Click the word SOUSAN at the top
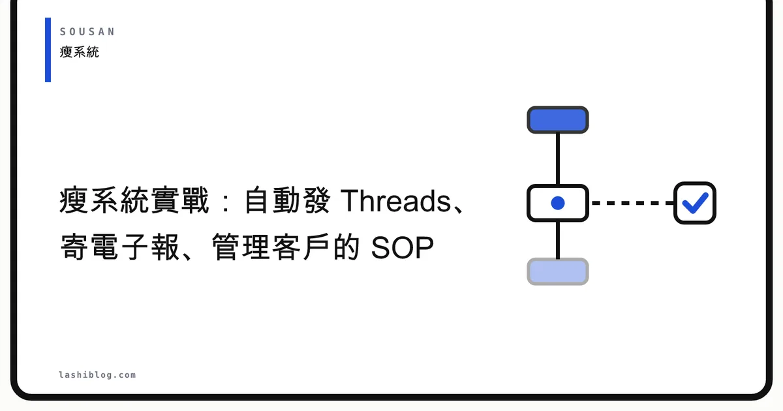[87, 32]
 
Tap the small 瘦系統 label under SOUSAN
[80, 52]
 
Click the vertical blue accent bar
[48, 50]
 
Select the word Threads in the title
[395, 201]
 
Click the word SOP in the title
[402, 247]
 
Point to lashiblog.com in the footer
[97, 375]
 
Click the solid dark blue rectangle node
[557, 120]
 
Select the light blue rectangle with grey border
[557, 271]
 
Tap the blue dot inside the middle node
[557, 203]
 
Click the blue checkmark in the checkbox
[695, 203]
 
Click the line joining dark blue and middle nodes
[557, 159]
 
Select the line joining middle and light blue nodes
[557, 240]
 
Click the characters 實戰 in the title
[179, 200]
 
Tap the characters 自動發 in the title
[286, 200]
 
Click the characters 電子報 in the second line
[135, 247]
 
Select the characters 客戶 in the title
[300, 247]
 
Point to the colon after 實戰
[226, 202]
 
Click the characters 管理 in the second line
[240, 247]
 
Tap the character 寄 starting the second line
[74, 247]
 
